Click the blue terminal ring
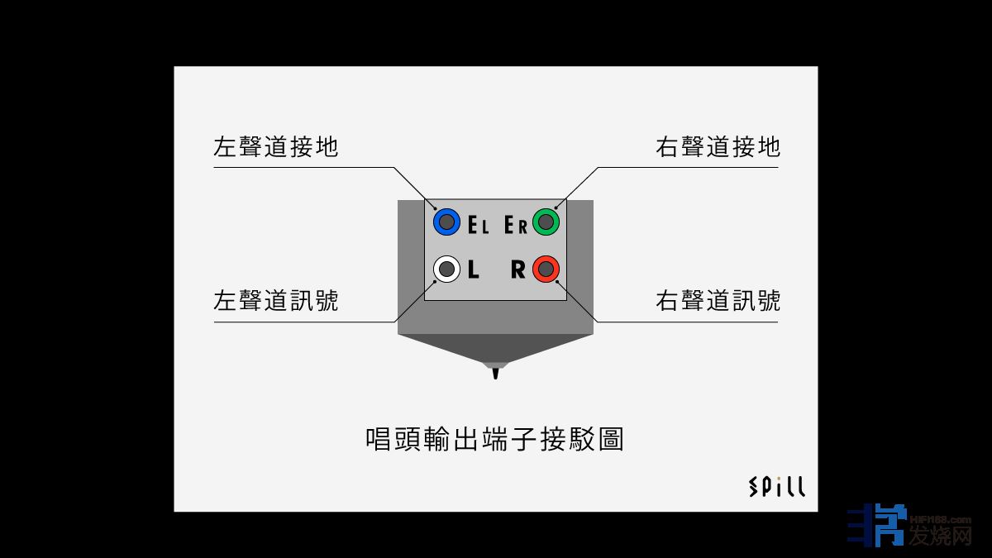[446, 222]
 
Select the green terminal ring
[546, 222]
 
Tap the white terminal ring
[446, 269]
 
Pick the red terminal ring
[546, 269]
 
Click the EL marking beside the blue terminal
[479, 225]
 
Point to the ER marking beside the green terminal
[516, 225]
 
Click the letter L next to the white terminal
[474, 270]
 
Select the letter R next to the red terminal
[517, 270]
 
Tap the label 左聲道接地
[275, 147]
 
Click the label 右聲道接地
[718, 147]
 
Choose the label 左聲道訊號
[275, 300]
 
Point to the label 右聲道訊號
[718, 300]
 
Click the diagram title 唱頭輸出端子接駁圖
[494, 438]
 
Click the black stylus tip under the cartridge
[496, 374]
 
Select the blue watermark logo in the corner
[875, 526]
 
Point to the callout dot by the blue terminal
[436, 208]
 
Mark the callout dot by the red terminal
[557, 282]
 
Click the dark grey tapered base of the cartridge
[496, 347]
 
